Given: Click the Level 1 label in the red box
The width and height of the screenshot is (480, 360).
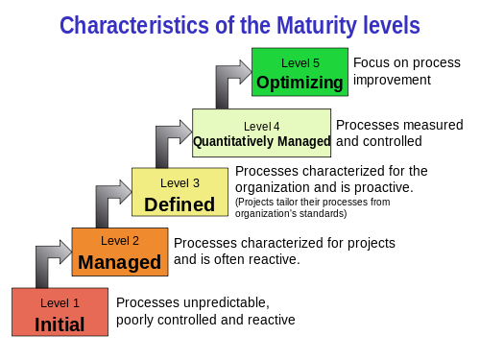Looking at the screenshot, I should point(60,302).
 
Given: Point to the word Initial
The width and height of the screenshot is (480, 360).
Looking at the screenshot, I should point(60,324).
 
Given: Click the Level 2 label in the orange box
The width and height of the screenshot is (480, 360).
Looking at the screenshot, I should point(120,242).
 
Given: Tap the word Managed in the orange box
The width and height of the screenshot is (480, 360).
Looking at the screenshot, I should point(120,262).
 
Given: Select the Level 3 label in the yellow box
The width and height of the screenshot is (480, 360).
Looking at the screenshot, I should point(180,182).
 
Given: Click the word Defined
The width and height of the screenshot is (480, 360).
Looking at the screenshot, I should point(180,204).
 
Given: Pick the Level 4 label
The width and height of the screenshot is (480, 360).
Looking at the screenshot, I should point(262,126).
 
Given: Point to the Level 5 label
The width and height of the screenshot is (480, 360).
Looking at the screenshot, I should point(300,63).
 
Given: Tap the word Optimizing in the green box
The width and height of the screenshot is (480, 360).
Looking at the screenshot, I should point(300,83).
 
